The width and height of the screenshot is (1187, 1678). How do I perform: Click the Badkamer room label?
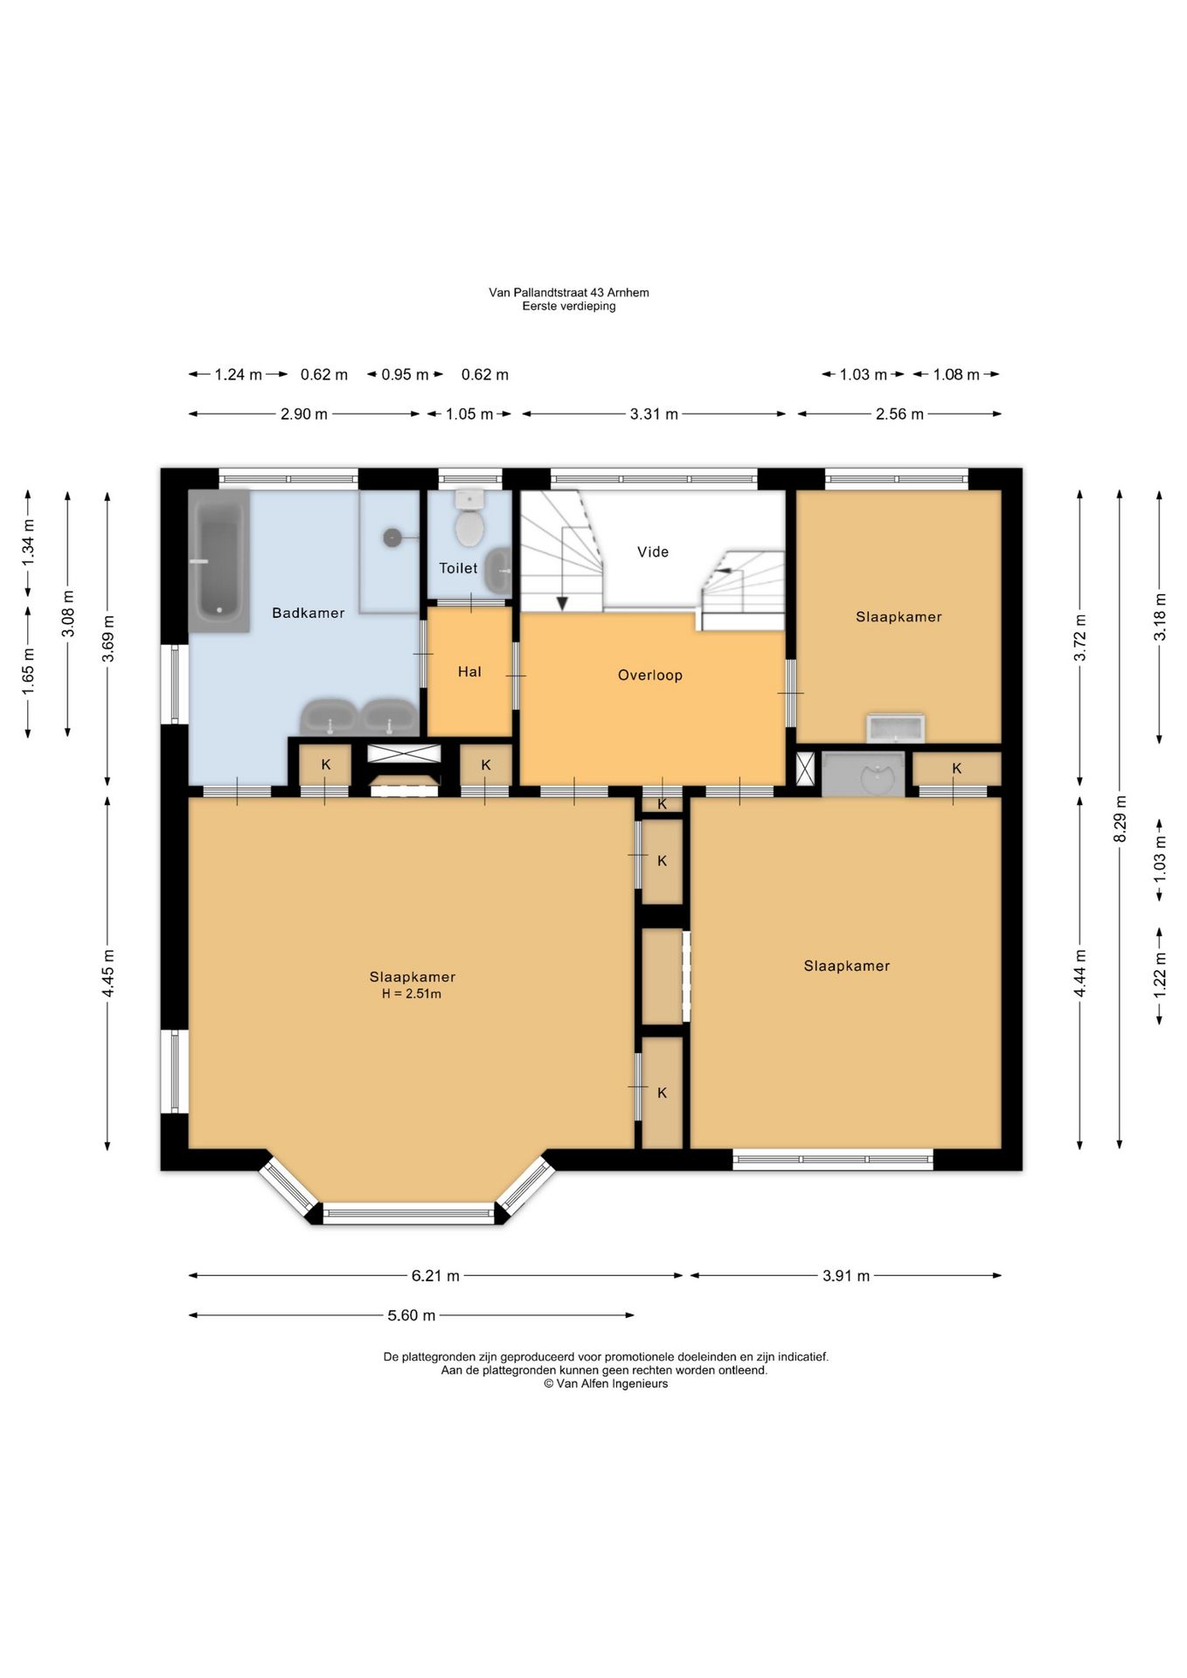[308, 613]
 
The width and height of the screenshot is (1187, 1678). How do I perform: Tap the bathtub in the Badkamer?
[219, 560]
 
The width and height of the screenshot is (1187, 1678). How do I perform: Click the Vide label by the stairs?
[653, 551]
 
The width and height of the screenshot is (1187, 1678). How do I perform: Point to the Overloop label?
[650, 675]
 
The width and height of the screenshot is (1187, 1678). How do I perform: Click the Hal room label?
[469, 671]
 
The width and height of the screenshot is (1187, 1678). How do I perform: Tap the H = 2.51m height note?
[412, 994]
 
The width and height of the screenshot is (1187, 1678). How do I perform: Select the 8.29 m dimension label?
[1120, 819]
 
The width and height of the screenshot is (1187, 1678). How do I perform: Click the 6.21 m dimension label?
[435, 1275]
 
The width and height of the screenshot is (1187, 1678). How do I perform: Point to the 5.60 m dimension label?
[411, 1314]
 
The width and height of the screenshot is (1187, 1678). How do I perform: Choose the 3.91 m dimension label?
[846, 1275]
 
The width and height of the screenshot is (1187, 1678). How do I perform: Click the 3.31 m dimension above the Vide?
[654, 413]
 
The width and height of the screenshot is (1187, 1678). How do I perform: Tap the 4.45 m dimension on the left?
[108, 973]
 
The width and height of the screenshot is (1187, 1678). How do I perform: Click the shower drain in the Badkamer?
[392, 537]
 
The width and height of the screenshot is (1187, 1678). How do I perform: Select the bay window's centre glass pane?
[408, 1212]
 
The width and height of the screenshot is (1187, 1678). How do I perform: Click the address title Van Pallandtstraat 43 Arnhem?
[569, 293]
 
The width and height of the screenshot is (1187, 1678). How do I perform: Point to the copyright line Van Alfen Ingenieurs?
[606, 1383]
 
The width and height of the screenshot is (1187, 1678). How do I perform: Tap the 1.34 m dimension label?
[28, 542]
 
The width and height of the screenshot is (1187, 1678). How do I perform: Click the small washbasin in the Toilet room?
[499, 570]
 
